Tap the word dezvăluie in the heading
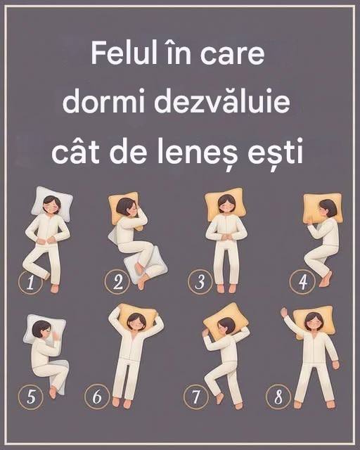[x=222, y=101]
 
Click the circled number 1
[x=30, y=282]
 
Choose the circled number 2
[x=117, y=281]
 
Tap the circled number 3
[x=200, y=281]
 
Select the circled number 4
[x=302, y=281]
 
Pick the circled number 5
[x=30, y=397]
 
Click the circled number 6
[x=97, y=397]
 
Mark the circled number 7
[x=195, y=397]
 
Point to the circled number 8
[x=278, y=397]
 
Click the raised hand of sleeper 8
[x=285, y=312]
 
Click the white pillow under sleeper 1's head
[x=51, y=203]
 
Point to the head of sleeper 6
[x=136, y=322]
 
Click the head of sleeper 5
[x=42, y=330]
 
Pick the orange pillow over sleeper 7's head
[x=226, y=319]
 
